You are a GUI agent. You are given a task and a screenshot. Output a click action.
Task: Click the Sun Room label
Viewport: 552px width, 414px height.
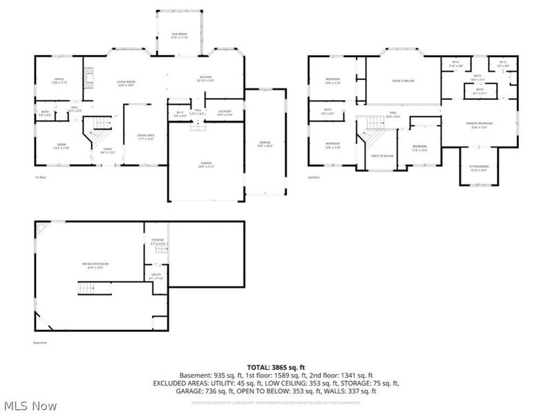[179, 36]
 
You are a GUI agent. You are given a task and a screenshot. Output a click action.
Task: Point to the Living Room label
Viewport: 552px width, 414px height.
[126, 83]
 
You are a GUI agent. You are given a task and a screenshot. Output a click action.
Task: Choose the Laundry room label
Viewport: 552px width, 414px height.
[224, 112]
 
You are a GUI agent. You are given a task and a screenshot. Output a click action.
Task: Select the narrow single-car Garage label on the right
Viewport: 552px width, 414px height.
[265, 143]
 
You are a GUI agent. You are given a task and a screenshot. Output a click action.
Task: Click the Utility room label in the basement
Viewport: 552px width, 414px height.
[156, 276]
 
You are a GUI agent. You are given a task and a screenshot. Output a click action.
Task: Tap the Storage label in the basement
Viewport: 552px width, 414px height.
[158, 241]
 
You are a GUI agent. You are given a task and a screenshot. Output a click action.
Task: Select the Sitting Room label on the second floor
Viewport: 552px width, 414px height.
[480, 168]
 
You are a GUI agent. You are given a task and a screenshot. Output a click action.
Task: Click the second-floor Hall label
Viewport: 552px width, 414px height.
[393, 114]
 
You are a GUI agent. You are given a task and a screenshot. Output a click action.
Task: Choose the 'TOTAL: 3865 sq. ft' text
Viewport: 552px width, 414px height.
[276, 367]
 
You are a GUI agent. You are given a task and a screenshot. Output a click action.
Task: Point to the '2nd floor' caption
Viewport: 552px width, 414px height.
[314, 177]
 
